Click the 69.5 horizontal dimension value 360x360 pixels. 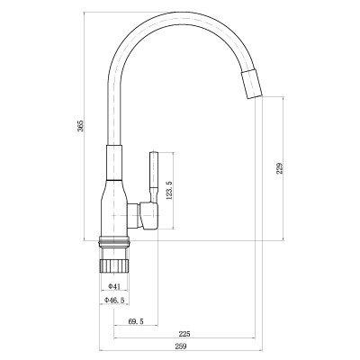(137, 319)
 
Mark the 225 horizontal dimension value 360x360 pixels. (184, 333)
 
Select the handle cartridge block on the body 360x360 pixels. (145, 216)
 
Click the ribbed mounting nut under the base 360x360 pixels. (114, 260)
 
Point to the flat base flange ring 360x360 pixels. (114, 241)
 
